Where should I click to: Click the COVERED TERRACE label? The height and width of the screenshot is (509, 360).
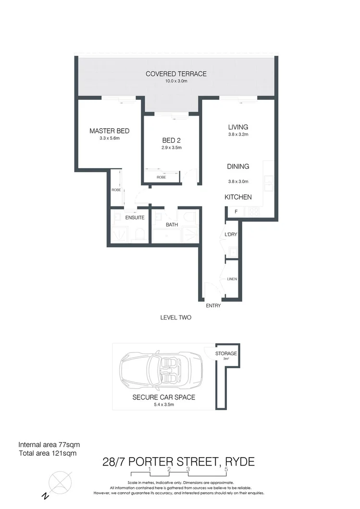click(176, 74)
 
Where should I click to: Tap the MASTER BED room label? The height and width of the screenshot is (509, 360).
click(110, 131)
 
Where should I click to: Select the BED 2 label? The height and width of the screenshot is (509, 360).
click(171, 140)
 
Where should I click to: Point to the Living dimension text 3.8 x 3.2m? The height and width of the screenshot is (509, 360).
click(238, 134)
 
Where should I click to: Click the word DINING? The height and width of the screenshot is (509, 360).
click(238, 167)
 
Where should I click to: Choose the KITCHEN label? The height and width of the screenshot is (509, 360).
click(238, 197)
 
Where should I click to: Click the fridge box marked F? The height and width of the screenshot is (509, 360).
click(236, 212)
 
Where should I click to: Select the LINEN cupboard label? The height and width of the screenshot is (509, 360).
click(232, 279)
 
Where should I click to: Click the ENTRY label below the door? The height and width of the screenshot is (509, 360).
click(213, 306)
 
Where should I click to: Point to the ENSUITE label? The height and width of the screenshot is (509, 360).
click(135, 218)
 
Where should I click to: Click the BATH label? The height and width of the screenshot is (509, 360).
click(172, 224)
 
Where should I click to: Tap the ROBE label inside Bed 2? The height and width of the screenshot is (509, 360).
click(161, 178)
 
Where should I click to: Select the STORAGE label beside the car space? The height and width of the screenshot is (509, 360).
click(226, 353)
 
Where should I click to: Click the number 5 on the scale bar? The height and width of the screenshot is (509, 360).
click(226, 469)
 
